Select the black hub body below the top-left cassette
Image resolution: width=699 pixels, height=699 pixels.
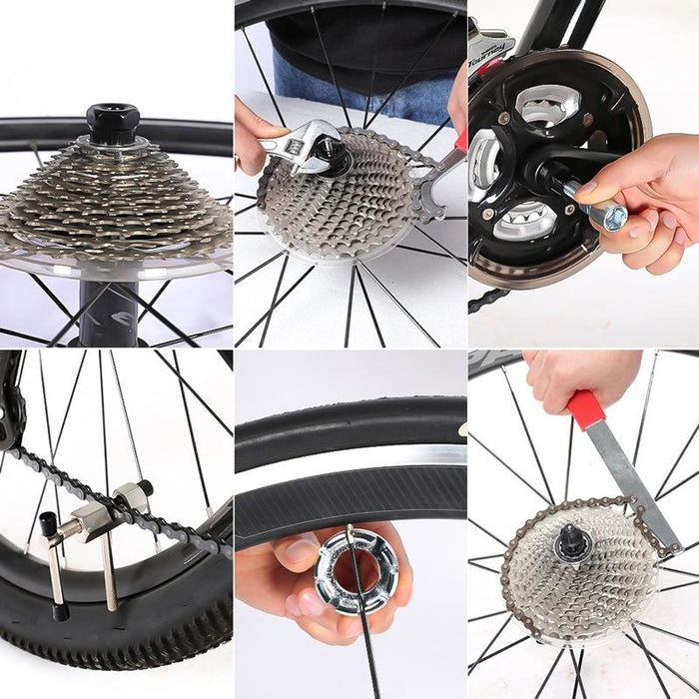click(108, 310)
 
